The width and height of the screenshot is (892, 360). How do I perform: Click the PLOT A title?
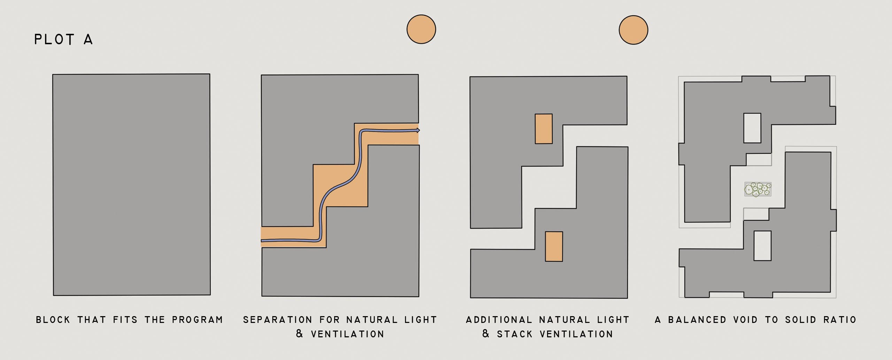(x=63, y=39)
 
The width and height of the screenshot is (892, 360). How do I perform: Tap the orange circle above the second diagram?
(x=421, y=29)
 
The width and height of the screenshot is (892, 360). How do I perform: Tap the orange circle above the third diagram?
(x=633, y=30)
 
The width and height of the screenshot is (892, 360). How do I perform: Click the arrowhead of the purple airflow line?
(x=418, y=130)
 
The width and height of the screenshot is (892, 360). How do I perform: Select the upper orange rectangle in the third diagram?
(x=544, y=129)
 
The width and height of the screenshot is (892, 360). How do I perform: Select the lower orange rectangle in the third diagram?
(x=554, y=246)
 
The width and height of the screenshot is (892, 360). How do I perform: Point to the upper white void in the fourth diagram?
(x=752, y=128)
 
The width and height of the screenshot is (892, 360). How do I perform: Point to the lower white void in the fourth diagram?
(x=762, y=246)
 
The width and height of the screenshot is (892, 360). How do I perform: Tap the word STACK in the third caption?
(x=515, y=334)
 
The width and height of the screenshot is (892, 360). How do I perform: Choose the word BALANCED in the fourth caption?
(x=693, y=320)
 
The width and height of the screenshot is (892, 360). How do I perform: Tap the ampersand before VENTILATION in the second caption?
(x=299, y=334)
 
